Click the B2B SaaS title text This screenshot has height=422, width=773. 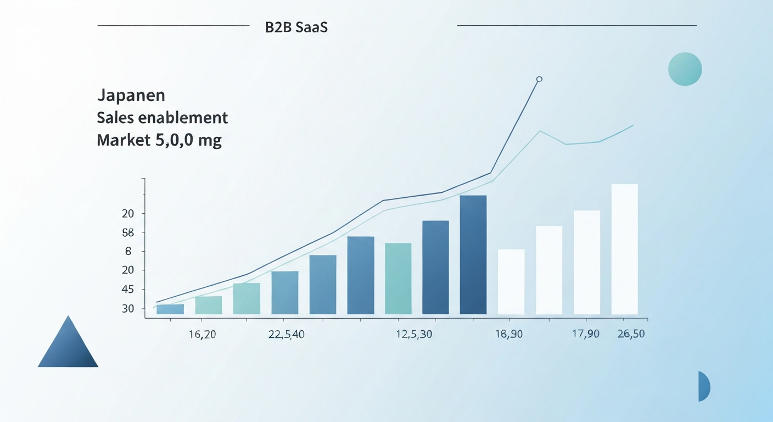point(296,27)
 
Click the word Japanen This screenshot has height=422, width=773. point(131,95)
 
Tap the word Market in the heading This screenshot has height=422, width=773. point(120,140)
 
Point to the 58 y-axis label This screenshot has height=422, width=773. point(128,232)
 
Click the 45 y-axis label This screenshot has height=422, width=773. point(128,290)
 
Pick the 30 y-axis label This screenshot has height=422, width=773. point(128,309)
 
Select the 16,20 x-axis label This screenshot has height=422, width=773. point(203,334)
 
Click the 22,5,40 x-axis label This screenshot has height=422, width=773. point(287,334)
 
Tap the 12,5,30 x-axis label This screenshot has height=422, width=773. point(413,334)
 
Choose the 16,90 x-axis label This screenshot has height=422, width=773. point(508,334)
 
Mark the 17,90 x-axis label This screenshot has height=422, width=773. point(585,334)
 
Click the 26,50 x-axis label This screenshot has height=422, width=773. point(631,334)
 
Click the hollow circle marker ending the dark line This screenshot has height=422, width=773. point(539,79)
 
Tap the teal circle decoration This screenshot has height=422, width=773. point(685,69)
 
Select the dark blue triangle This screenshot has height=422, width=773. point(68,346)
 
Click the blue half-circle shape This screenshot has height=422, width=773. point(703,386)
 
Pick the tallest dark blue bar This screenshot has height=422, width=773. point(473,255)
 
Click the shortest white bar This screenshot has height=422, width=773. point(511,282)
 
